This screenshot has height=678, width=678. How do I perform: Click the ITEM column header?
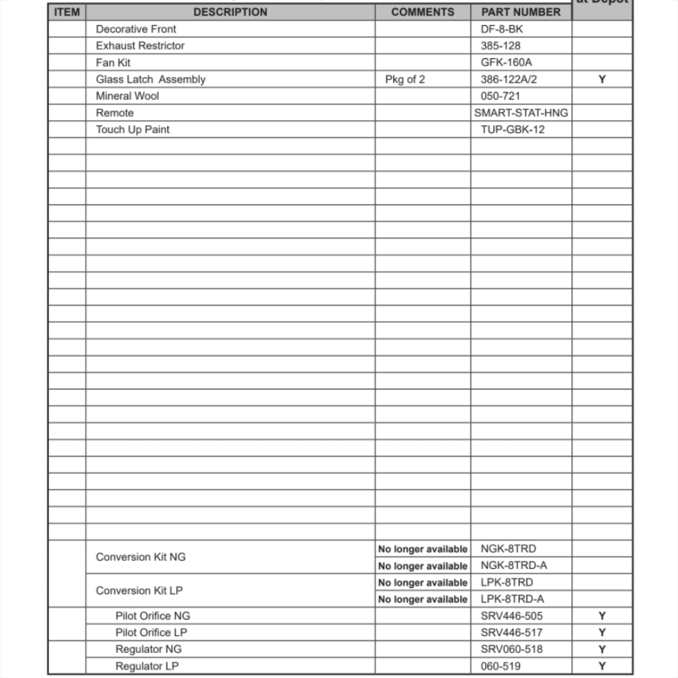click(x=66, y=12)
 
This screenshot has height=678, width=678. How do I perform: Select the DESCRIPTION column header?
click(x=230, y=12)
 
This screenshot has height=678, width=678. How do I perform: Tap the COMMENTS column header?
click(x=422, y=12)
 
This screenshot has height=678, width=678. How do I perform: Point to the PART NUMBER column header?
click(x=521, y=12)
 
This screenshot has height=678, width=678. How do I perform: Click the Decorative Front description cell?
click(x=136, y=29)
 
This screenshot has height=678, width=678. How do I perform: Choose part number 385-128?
click(x=500, y=46)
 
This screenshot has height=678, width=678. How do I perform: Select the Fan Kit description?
click(x=113, y=62)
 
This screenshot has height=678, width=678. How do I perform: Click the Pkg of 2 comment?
click(x=405, y=79)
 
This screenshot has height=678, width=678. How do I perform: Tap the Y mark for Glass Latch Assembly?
click(x=602, y=79)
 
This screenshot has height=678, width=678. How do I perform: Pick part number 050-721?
click(x=500, y=96)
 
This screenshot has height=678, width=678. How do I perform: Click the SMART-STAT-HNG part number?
click(x=521, y=113)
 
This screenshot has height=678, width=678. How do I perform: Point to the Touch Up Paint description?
click(x=132, y=129)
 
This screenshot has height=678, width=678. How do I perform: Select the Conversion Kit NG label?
click(x=140, y=557)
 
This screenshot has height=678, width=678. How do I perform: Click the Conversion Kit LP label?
click(x=139, y=591)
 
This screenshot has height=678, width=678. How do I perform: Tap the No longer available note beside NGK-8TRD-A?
click(x=422, y=566)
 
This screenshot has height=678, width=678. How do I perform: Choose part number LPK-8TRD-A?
click(x=512, y=599)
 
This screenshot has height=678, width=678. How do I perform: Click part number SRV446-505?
click(x=511, y=616)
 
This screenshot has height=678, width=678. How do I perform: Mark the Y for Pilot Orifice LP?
click(x=602, y=633)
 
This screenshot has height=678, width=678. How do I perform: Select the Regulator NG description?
click(x=148, y=650)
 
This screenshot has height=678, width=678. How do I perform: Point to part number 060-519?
click(x=500, y=666)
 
